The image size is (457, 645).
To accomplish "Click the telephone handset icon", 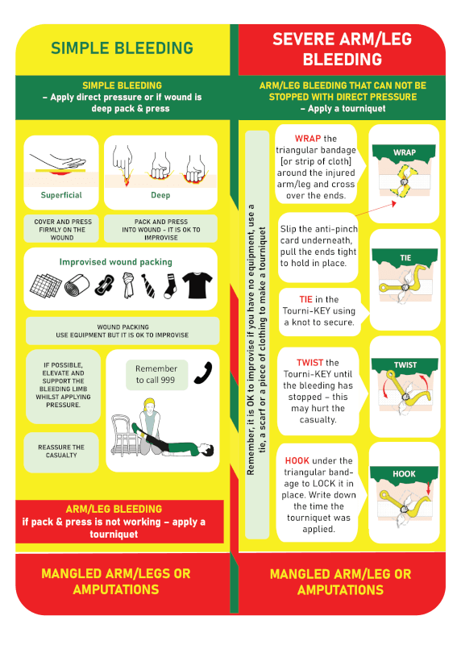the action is click(203, 373).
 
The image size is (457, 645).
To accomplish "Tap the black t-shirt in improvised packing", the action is click(197, 285).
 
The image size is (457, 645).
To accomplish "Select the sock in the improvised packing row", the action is click(170, 285).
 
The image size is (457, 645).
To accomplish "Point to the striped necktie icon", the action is click(148, 285).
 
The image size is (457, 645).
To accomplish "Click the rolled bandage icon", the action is click(77, 285).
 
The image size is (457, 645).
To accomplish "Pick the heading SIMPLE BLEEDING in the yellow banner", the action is click(122, 48).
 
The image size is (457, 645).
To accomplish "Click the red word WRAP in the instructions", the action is click(308, 139).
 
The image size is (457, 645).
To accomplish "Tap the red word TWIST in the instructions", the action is click(310, 362).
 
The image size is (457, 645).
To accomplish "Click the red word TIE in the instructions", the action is click(305, 299).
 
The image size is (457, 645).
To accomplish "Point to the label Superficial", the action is click(61, 195).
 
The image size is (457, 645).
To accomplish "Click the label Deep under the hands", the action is click(160, 195).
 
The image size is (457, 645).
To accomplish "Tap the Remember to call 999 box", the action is click(156, 374).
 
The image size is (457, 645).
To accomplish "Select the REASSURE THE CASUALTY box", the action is click(61, 451).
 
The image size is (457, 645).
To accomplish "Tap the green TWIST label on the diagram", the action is click(405, 365).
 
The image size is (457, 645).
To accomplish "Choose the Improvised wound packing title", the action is click(115, 262).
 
